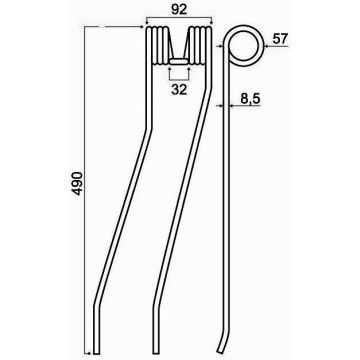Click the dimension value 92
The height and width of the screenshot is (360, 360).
click(x=179, y=10)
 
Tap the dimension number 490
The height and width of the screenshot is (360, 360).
click(x=77, y=183)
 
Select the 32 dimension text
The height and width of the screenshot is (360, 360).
click(x=179, y=90)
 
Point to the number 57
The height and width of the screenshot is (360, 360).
click(x=280, y=39)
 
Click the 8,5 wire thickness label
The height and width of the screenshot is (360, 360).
click(x=249, y=98)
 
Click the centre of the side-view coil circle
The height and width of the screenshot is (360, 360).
click(x=244, y=46)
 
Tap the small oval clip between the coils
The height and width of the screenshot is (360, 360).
click(x=179, y=61)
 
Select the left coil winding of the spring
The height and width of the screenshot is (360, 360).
click(x=158, y=46)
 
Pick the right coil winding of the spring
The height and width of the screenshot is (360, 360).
click(x=200, y=46)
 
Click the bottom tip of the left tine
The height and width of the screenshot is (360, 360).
click(x=96, y=353)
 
